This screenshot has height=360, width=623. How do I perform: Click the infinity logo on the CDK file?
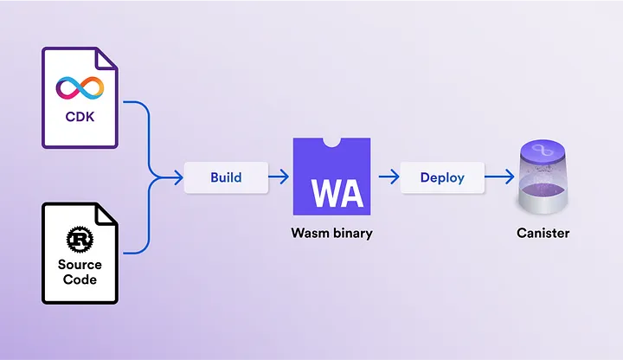[x=80, y=87]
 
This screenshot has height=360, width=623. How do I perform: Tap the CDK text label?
[x=80, y=117]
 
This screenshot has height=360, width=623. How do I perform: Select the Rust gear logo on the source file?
[x=80, y=239]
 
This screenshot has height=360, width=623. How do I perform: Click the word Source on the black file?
[x=80, y=265]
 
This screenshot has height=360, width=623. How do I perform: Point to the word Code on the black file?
[x=80, y=280]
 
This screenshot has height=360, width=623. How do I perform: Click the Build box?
[x=226, y=177]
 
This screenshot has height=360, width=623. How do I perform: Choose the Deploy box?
[x=442, y=177]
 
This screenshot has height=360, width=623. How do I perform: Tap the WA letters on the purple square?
[x=337, y=194]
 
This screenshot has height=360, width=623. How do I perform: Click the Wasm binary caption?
[x=331, y=233]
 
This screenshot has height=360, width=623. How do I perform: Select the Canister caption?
[x=543, y=233]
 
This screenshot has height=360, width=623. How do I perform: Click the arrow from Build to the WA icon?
[x=279, y=177]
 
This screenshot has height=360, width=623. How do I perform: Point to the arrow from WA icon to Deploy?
[x=389, y=177]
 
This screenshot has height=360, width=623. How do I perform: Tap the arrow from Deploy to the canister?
[x=500, y=177]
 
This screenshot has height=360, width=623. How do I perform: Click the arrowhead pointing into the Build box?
[x=178, y=177]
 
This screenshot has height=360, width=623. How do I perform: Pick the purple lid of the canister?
[x=543, y=151]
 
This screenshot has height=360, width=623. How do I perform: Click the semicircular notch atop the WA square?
[x=331, y=142]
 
